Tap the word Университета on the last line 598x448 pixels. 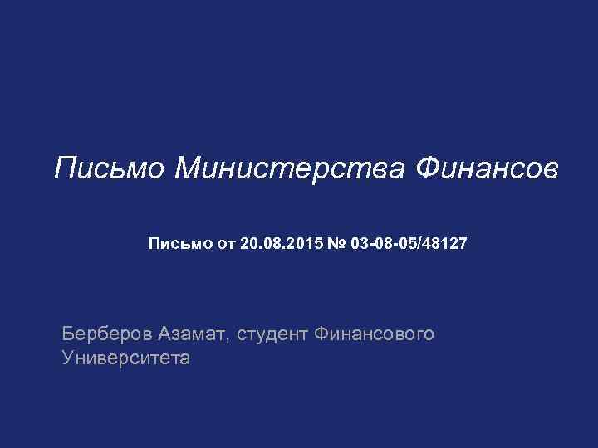coord(125,358)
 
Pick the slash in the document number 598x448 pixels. coord(426,244)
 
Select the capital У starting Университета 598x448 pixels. coord(68,358)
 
